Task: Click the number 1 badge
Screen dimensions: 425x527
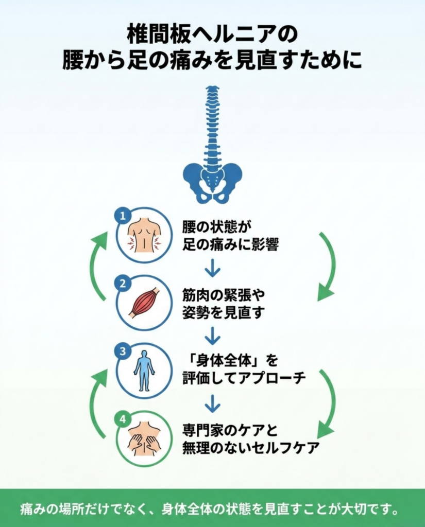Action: (x=123, y=216)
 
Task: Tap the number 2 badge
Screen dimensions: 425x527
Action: (x=123, y=284)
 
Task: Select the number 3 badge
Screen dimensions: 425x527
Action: (x=123, y=351)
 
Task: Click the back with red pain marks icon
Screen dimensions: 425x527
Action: (x=144, y=236)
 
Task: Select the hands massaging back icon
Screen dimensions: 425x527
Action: (x=144, y=441)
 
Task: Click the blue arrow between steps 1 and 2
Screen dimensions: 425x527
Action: (x=212, y=268)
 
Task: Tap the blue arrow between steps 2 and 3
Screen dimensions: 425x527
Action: (x=212, y=336)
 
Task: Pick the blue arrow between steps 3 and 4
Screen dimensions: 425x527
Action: (x=212, y=403)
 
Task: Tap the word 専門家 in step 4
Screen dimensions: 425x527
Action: (x=205, y=431)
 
